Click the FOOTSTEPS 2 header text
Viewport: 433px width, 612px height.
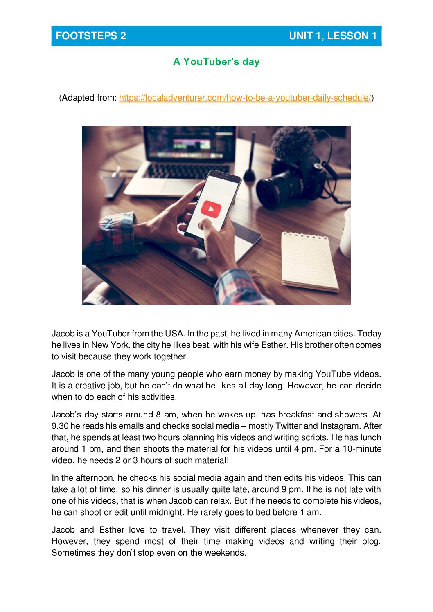(91, 36)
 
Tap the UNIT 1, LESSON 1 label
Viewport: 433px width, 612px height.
(332, 36)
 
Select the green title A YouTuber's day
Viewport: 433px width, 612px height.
(216, 62)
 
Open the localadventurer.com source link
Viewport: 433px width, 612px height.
(245, 98)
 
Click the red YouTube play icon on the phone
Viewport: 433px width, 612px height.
(211, 209)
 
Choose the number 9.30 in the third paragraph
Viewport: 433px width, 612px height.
(60, 426)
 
